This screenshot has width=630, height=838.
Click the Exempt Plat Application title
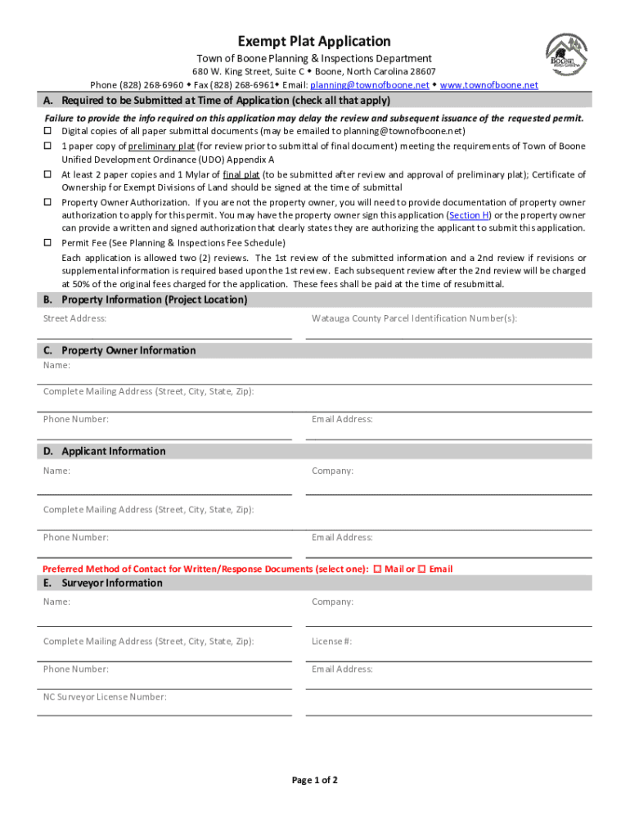(x=314, y=41)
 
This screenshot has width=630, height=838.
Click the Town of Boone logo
(x=565, y=59)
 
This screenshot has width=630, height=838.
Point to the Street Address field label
(x=74, y=318)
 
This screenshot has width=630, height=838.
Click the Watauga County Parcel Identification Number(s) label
(x=414, y=318)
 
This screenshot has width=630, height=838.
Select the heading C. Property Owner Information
(x=120, y=350)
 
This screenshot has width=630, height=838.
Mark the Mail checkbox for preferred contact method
(x=378, y=569)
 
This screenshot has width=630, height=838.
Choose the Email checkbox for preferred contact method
(x=421, y=569)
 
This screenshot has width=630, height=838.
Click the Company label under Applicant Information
(x=332, y=471)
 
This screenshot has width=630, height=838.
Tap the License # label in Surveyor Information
(x=331, y=642)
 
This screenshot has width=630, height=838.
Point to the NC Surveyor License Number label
(x=105, y=697)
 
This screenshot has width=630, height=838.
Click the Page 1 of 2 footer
(x=315, y=780)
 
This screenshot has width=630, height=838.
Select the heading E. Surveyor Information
(x=103, y=583)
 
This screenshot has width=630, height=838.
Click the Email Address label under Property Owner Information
(x=342, y=419)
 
